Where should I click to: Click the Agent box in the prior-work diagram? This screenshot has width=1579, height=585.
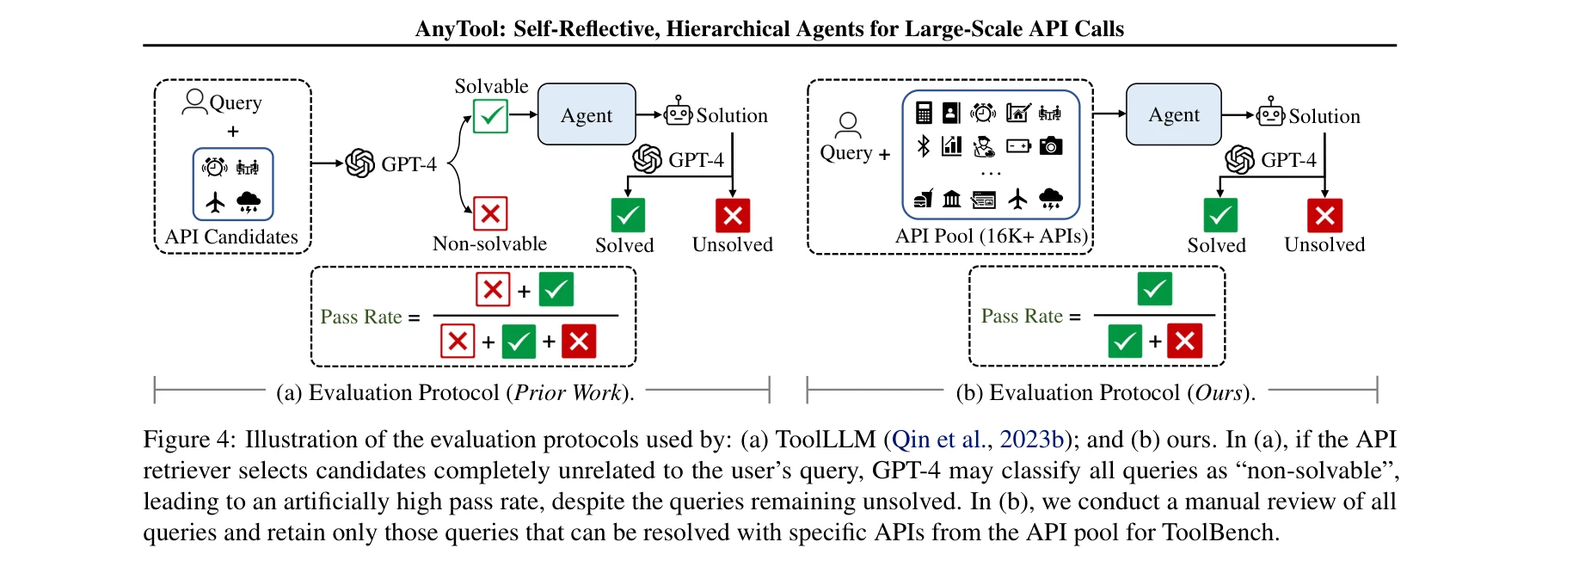point(587,114)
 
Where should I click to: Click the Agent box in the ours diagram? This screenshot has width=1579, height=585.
point(1173,114)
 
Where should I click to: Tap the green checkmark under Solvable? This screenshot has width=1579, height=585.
point(490,116)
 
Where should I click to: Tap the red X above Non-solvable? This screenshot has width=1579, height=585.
point(490,212)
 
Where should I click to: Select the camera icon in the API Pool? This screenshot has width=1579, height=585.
point(1050,146)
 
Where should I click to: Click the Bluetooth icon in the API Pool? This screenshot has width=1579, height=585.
point(924,146)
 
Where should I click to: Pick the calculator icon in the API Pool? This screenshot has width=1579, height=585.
point(924,113)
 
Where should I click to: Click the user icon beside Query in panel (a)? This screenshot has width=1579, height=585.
point(195,102)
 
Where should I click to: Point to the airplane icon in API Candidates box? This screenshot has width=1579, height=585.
point(215,202)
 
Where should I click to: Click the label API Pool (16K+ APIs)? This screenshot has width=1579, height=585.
point(992,236)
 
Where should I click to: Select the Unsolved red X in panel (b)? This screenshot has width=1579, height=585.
point(1324,215)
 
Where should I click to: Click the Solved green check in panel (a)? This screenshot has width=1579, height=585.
point(628,215)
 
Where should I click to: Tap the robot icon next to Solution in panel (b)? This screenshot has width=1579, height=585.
point(1270,113)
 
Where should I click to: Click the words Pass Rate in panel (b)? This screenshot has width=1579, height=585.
point(1022,317)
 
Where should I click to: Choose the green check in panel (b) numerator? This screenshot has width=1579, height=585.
point(1154,289)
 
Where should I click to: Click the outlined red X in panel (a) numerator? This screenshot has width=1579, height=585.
point(493,289)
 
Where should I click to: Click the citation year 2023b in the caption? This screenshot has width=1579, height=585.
point(1031,440)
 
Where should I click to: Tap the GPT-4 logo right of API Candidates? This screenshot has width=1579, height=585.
point(360,163)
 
